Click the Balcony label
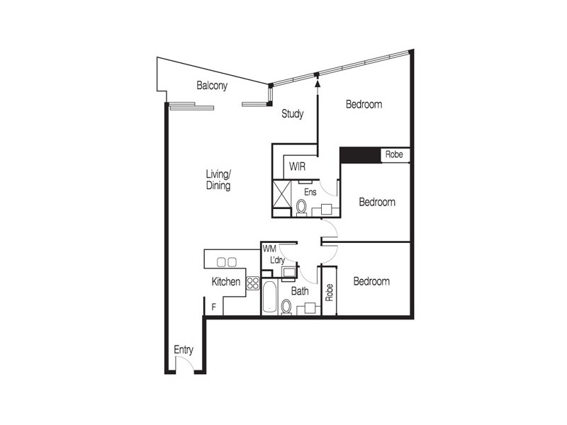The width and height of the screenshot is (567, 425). [212, 86]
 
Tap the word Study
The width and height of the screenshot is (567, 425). [293, 113]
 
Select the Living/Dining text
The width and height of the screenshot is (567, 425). [218, 180]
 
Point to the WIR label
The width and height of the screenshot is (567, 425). [297, 167]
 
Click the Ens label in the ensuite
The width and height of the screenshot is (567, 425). [310, 191]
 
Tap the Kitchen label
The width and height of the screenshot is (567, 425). [225, 282]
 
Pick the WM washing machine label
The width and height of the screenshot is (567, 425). [269, 249]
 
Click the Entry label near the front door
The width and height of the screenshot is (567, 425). [184, 350]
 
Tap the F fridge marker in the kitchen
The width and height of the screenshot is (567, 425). [213, 307]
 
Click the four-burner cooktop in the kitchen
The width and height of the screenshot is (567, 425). [253, 283]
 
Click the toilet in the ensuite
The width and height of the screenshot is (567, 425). [301, 207]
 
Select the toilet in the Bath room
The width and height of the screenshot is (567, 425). [286, 307]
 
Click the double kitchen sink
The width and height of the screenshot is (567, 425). [226, 261]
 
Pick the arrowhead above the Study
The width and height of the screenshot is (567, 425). [317, 84]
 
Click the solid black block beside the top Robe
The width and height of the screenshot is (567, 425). [360, 154]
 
